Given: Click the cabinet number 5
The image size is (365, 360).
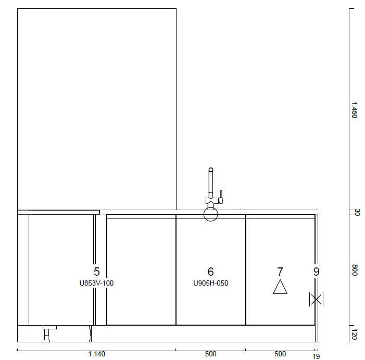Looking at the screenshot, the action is [97, 272].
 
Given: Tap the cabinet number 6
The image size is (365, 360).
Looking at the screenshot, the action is [210, 272].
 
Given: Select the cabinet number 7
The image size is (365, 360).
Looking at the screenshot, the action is [280, 272].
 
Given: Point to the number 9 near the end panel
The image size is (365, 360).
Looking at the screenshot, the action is [316, 272].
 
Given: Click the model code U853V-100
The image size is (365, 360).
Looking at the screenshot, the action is [97, 283].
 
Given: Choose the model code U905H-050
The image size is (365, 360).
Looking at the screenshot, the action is [211, 283].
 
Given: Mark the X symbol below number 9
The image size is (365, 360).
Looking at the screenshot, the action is [316, 299].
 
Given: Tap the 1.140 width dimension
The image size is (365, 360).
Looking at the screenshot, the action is [97, 354].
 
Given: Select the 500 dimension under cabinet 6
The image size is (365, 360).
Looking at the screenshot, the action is [211, 354].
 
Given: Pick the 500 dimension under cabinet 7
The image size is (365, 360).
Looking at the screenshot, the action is [280, 354].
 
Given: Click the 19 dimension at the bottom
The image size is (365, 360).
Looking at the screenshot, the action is [316, 356].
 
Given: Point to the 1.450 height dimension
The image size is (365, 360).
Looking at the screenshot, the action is [354, 110].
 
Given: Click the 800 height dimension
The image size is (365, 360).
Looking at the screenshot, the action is [354, 270].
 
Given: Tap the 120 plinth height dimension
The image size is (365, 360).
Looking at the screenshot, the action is [354, 334].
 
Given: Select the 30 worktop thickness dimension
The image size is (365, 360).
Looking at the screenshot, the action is [357, 212].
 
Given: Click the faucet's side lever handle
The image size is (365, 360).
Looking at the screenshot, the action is [221, 197].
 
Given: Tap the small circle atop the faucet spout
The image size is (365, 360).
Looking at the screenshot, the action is [211, 170].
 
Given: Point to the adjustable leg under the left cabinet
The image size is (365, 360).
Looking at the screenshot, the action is [46, 333].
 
